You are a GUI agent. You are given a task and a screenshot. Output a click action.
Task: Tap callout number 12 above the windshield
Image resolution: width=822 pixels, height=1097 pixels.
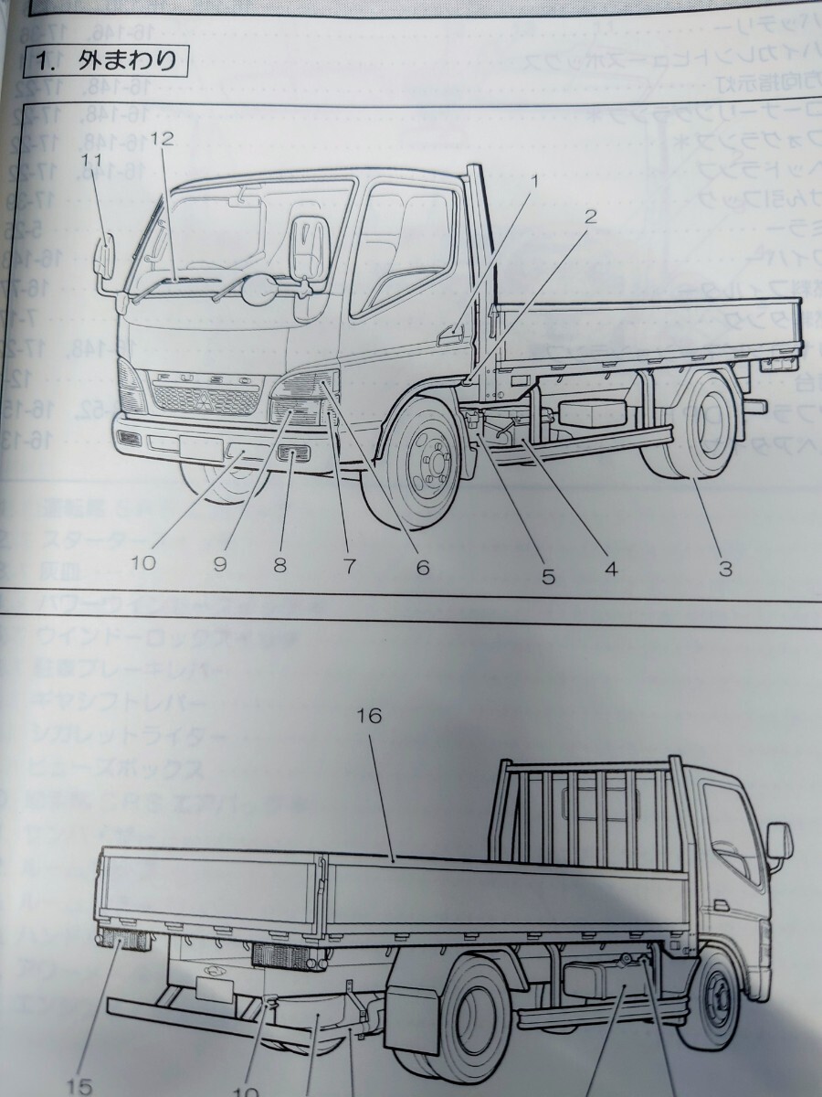[x=162, y=139]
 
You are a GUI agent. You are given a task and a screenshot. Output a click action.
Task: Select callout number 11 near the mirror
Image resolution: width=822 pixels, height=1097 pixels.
[x=89, y=160]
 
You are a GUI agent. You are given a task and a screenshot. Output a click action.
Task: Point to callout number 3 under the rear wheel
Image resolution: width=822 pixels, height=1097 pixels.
[x=724, y=570]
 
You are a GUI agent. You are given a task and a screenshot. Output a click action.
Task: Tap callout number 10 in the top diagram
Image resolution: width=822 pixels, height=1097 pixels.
[x=143, y=564]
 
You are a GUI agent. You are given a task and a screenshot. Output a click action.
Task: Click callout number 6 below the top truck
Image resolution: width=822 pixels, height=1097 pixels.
[x=422, y=567]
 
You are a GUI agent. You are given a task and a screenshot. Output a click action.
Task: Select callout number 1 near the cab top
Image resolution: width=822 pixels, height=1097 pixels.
[x=535, y=181]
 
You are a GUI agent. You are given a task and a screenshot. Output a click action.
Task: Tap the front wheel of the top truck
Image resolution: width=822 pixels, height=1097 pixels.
[x=423, y=469]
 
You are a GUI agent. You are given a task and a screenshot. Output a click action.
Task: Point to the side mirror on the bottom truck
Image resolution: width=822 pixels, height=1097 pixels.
[x=778, y=842]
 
